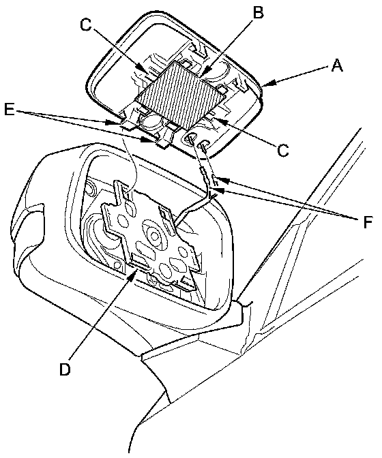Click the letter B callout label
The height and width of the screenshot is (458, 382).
pos(257,12)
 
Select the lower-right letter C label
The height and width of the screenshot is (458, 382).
pos(283,150)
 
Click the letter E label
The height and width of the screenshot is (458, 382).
pos(10,110)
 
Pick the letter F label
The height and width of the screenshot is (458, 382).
pos(368,222)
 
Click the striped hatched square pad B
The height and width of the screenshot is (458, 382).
pos(181,95)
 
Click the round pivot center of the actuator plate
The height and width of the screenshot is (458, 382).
pos(153,234)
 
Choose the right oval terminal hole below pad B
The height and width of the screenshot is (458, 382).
pos(203,144)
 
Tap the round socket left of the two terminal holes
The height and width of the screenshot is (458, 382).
pos(149,121)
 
